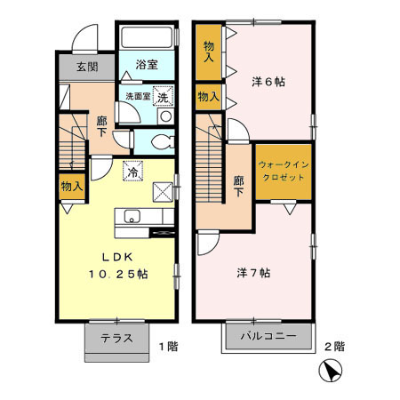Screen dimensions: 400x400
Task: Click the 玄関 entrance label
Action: [87, 67]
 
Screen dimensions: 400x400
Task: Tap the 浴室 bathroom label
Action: [148, 65]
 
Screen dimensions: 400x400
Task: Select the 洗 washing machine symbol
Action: [163, 99]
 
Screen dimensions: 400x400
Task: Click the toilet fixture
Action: [160, 140]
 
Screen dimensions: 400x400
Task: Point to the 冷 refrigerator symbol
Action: [132, 172]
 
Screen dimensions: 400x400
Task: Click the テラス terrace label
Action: [116, 338]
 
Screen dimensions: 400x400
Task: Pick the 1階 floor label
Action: [166, 345]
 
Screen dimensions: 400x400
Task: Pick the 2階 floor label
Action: [334, 345]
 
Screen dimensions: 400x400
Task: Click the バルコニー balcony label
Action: [269, 338]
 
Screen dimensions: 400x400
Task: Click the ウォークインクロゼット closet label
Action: [284, 171]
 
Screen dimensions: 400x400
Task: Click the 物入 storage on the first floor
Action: [72, 187]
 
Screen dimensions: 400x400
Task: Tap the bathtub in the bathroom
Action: [148, 38]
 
